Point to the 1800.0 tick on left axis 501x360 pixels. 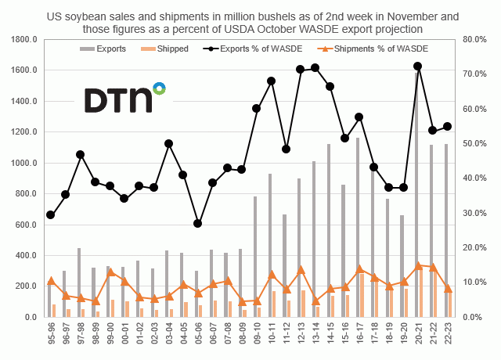24,39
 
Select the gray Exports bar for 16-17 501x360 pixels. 357,227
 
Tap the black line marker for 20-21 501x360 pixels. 418,67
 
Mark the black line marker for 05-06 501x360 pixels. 198,223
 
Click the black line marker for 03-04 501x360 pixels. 168,144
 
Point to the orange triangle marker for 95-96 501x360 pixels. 51,280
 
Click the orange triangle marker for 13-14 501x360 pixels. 315,301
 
